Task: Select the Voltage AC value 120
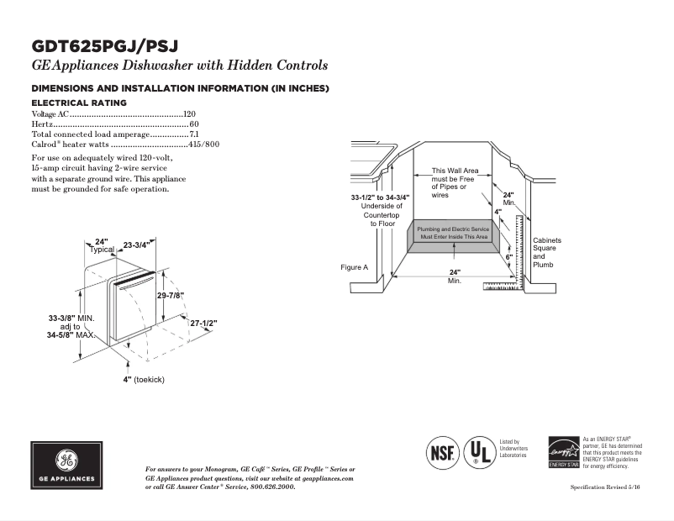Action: (189, 113)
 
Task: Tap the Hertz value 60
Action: (193, 124)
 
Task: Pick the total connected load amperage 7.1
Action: (193, 134)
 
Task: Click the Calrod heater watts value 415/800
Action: (204, 144)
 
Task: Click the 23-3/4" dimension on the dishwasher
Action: (136, 245)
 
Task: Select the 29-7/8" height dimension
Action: (171, 296)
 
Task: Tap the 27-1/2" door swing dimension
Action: (203, 323)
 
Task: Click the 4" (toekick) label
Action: (143, 380)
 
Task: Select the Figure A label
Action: (354, 267)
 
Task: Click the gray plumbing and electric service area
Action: (454, 234)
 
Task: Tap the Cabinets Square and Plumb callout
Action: (546, 252)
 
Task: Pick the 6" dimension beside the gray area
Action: (508, 257)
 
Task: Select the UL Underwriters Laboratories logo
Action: (480, 451)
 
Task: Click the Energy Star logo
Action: (563, 452)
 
